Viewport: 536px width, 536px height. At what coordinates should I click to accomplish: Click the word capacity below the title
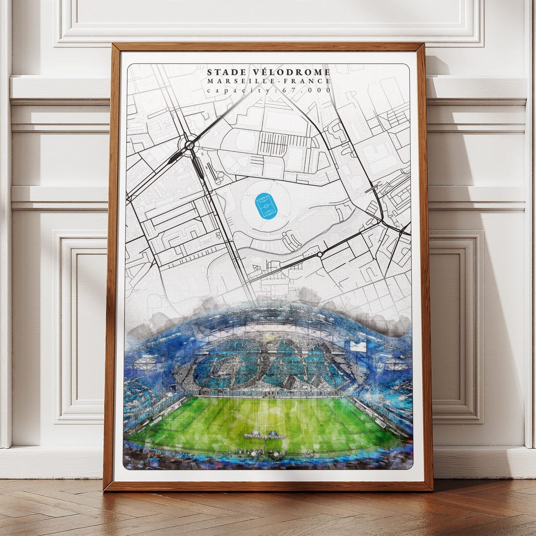[231, 90]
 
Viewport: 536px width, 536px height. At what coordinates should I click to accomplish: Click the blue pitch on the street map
[266, 206]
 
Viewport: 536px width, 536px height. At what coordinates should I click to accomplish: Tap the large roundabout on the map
[190, 145]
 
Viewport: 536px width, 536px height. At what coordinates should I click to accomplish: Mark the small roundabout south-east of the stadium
[320, 255]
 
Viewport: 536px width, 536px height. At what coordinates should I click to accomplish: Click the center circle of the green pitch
[268, 417]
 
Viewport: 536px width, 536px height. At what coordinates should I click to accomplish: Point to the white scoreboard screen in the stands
[358, 346]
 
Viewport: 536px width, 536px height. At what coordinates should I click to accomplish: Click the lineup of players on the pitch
[265, 435]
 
